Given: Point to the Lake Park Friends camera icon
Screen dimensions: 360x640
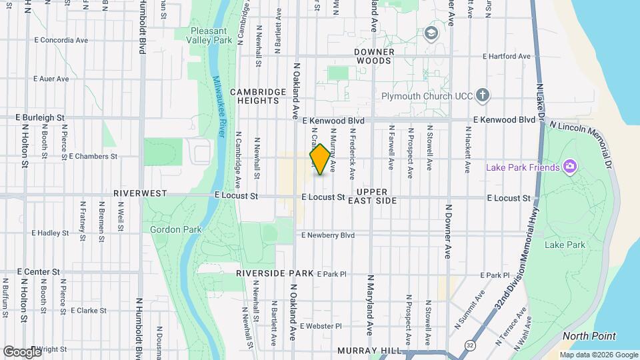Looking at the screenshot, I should coord(569,166).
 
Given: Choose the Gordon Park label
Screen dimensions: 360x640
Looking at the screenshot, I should coord(167,229).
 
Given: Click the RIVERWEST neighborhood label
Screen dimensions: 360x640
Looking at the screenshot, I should coord(140,193).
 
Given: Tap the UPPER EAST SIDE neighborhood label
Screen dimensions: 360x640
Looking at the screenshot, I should coord(371,196).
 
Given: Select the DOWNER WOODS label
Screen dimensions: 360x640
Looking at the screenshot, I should coord(374,56).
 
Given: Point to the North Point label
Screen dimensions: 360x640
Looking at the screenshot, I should coord(589,336).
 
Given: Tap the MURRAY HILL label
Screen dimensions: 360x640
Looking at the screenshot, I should coord(369,351).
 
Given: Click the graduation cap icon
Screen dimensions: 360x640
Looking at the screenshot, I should coord(432,33).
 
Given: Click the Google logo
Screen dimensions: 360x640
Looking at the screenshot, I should coord(21,351).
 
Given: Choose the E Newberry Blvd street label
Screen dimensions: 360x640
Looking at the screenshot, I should coord(327,235).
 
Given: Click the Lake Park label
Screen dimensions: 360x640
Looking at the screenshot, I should coord(565,245).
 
